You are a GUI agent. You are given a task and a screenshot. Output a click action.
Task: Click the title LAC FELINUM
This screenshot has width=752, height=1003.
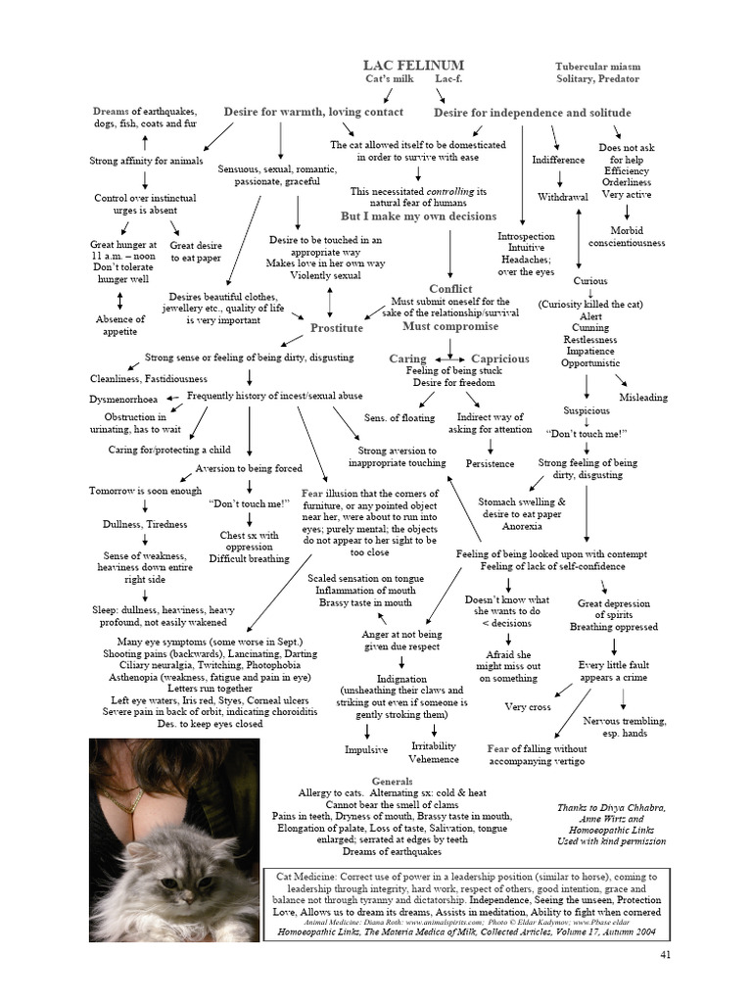pyautogui.click(x=413, y=65)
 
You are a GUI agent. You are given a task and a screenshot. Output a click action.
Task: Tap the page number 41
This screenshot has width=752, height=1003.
pyautogui.click(x=666, y=954)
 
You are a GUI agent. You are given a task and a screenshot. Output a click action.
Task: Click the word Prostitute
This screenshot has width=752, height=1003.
pyautogui.click(x=336, y=328)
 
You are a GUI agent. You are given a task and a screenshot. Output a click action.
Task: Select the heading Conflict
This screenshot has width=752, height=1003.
pyautogui.click(x=450, y=289)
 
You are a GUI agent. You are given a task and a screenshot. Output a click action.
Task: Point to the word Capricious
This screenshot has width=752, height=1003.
pyautogui.click(x=499, y=358)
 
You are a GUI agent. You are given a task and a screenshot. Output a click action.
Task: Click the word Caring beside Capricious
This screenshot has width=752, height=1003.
pyautogui.click(x=407, y=358)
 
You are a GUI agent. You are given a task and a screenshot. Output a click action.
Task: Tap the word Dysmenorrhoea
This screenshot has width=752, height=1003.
pyautogui.click(x=125, y=399)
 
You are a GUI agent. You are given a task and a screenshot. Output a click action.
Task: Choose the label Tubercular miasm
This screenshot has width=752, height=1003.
pyautogui.click(x=597, y=67)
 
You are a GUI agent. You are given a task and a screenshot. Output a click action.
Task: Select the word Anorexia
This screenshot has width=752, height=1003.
pyautogui.click(x=522, y=525)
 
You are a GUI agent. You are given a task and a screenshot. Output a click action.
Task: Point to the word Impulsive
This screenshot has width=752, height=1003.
pyautogui.click(x=366, y=749)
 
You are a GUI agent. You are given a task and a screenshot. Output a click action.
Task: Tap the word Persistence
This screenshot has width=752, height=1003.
pyautogui.click(x=490, y=462)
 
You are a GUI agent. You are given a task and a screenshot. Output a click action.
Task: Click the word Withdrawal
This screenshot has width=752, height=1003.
pyautogui.click(x=563, y=197)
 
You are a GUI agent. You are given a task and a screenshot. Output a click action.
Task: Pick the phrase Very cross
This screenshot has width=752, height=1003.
pyautogui.click(x=528, y=706)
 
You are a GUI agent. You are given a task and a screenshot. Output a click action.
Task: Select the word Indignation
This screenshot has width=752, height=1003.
pyautogui.click(x=401, y=678)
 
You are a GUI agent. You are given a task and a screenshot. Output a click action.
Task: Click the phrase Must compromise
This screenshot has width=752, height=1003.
pyautogui.click(x=450, y=326)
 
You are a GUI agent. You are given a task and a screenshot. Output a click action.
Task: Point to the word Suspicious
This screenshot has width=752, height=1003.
pyautogui.click(x=586, y=410)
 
